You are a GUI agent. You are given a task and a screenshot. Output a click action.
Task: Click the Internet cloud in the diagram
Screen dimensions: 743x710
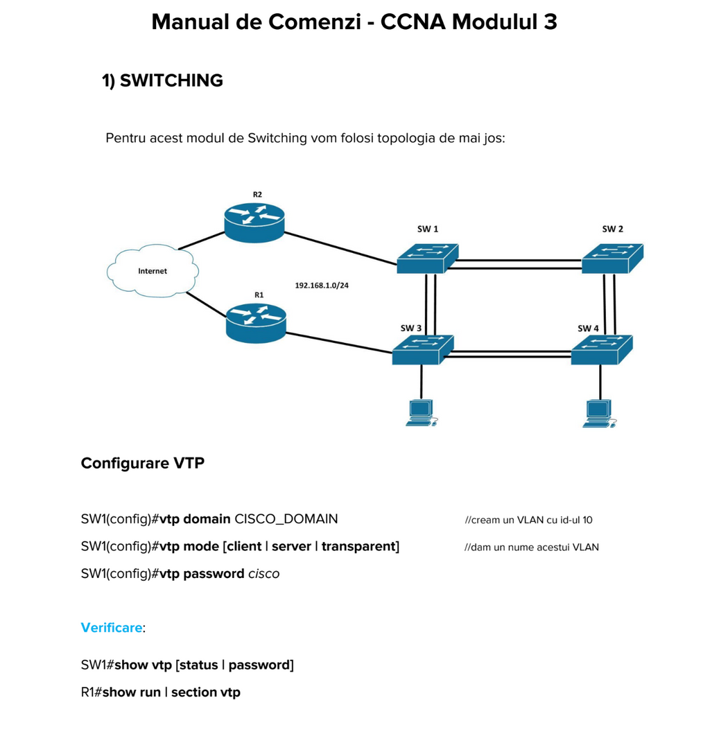pos(153,270)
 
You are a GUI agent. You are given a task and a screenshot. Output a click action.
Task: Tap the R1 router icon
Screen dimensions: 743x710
pos(256,322)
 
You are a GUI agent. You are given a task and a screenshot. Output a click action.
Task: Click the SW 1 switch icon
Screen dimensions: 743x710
pos(426,258)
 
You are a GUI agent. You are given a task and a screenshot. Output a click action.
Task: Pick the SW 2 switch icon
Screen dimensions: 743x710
pos(612,258)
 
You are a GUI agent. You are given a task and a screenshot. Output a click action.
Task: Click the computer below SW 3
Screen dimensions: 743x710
pos(421,412)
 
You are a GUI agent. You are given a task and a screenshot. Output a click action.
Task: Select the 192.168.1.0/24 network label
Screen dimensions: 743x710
pos(322,285)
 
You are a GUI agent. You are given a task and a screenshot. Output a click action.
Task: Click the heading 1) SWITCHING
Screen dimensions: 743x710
pos(162,81)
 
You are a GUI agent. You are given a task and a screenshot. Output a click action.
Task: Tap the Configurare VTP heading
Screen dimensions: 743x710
pos(142,463)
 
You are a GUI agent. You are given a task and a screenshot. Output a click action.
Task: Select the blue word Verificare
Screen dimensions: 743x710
pos(111,628)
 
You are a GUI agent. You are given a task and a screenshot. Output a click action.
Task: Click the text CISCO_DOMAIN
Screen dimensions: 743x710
pos(286,519)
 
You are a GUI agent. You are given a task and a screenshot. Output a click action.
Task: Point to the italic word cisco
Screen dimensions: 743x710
pos(263,574)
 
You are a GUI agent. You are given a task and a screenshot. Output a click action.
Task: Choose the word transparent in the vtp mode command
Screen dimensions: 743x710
pos(358,546)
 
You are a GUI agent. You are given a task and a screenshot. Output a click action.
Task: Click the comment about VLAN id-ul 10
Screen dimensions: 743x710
pos(528,520)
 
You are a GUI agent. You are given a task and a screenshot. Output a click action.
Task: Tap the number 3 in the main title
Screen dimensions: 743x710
pos(550,22)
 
